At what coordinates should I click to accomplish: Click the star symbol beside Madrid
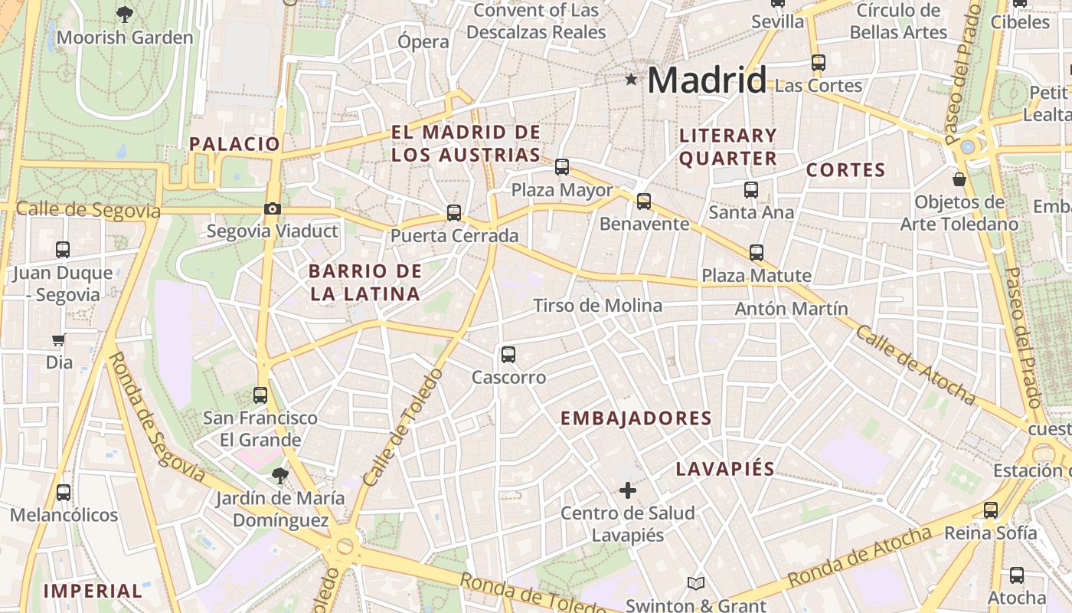631,79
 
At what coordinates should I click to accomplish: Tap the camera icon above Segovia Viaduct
272,208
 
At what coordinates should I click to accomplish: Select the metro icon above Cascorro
508,355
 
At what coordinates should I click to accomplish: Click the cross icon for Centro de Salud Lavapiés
628,490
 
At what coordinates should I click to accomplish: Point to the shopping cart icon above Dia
59,339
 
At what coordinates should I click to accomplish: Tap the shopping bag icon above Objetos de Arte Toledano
959,179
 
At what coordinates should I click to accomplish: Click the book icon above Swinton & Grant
695,584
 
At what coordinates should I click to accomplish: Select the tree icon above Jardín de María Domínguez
279,476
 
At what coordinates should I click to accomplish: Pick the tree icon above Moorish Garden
124,14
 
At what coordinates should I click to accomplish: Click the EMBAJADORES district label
636,418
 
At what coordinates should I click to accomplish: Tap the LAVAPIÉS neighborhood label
725,469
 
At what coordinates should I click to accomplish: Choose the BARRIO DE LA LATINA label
365,282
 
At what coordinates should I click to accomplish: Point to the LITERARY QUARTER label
728,147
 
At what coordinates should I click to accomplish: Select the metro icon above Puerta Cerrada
454,212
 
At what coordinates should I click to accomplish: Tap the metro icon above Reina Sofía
991,510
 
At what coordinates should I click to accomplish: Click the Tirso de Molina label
597,306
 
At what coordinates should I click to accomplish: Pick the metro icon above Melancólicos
64,492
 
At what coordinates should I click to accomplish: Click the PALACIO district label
234,143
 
